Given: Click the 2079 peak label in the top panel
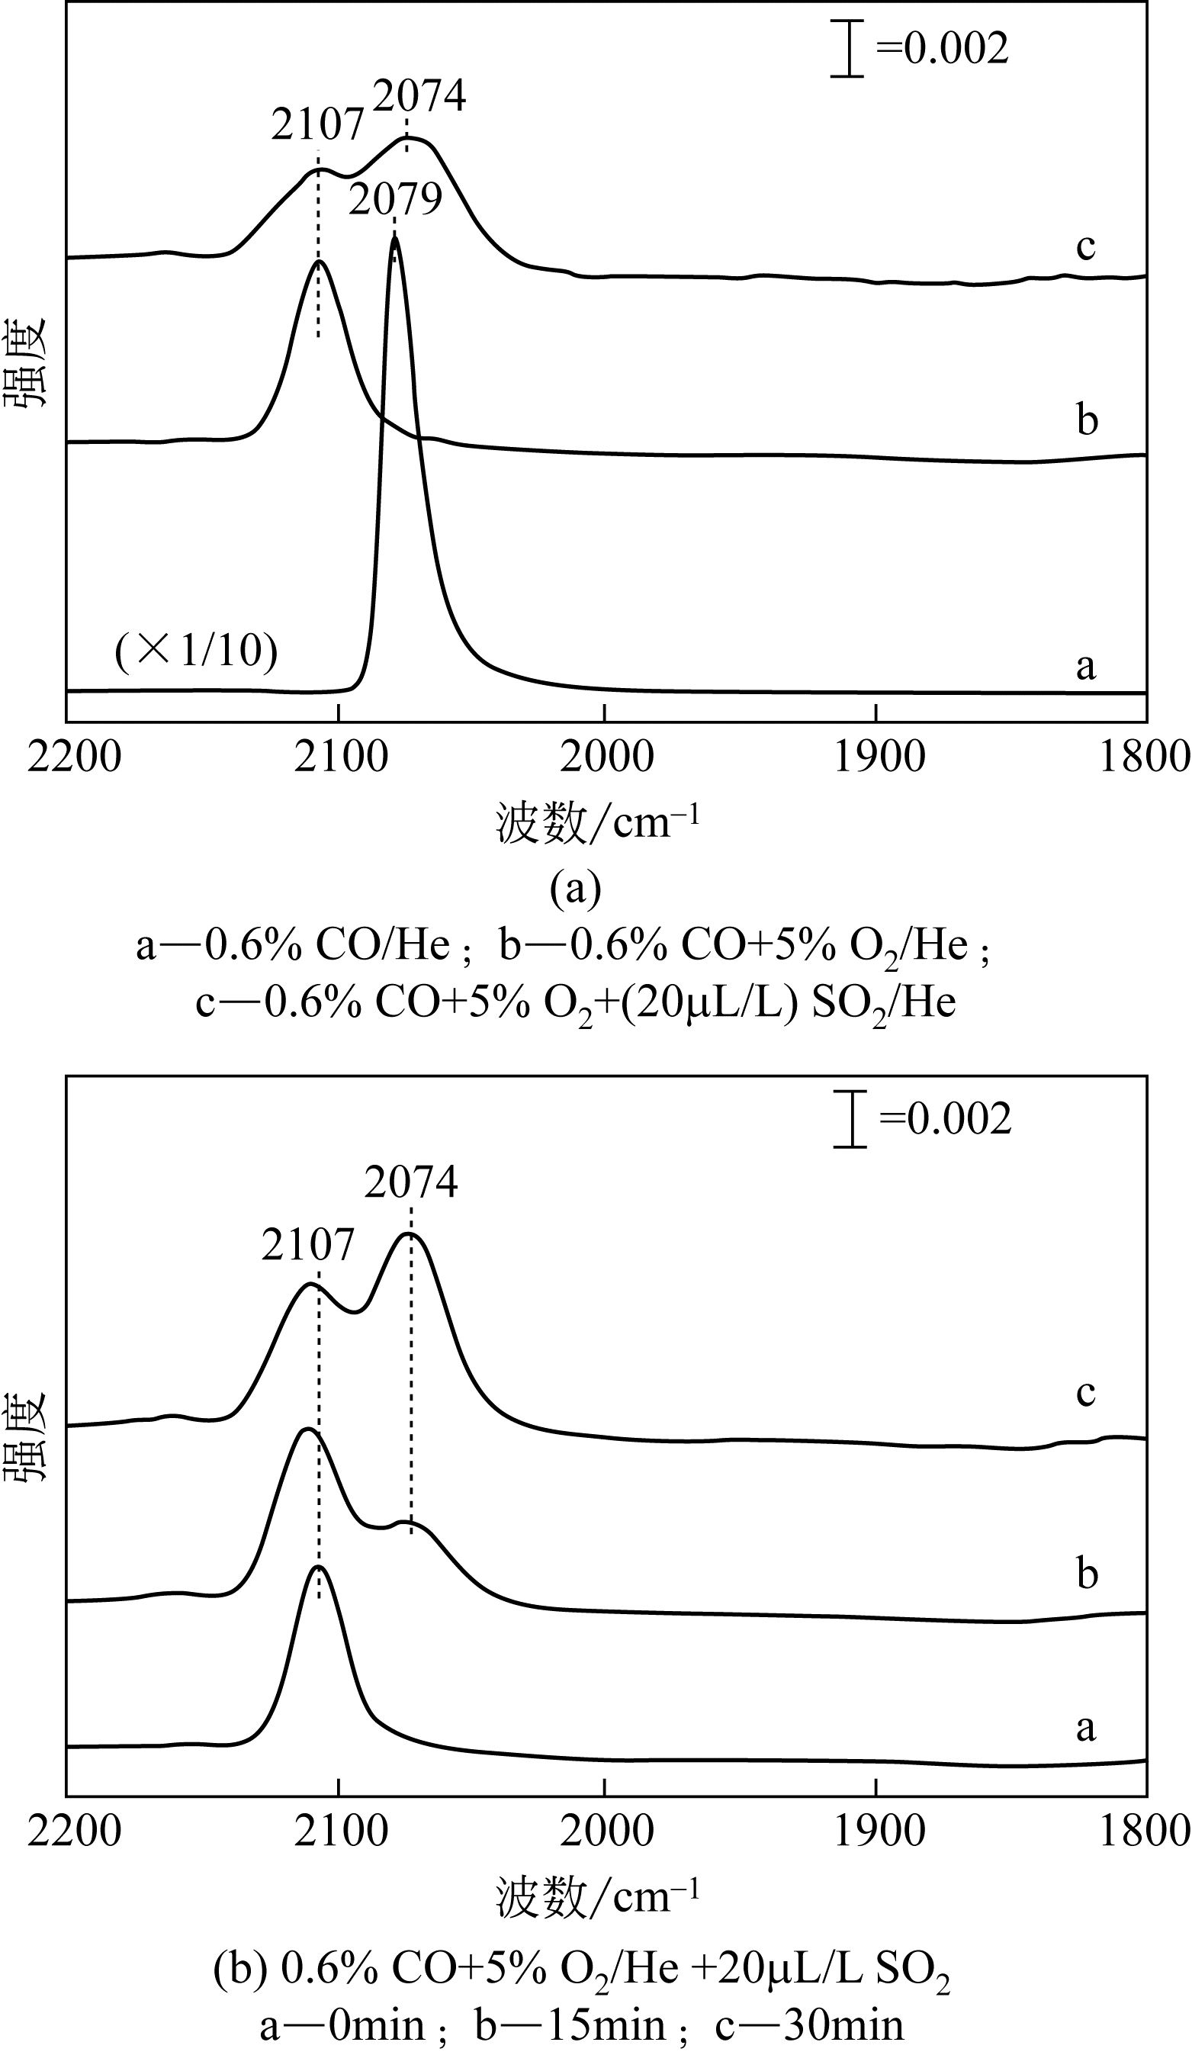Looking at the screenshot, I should pyautogui.click(x=396, y=199).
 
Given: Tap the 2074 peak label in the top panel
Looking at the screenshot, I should pyautogui.click(x=420, y=96).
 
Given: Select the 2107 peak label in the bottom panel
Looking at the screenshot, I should pyautogui.click(x=308, y=1245).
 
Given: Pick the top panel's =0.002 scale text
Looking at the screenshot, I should pyautogui.click(x=943, y=49).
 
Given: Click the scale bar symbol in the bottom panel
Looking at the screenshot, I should pyautogui.click(x=850, y=1119).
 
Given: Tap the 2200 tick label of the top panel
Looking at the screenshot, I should pyautogui.click(x=73, y=757).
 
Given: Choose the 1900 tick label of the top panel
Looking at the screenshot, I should pyautogui.click(x=879, y=757).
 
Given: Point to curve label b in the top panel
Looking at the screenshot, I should pyautogui.click(x=1087, y=421).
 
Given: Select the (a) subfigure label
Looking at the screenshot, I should pyautogui.click(x=576, y=888).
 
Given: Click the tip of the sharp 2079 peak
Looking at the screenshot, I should pyautogui.click(x=394, y=237).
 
